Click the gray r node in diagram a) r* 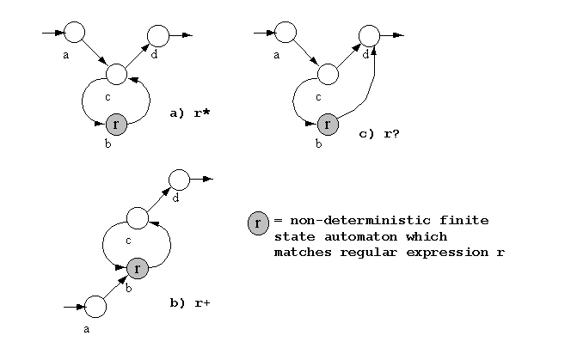(x=116, y=125)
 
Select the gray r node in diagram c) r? (x=328, y=125)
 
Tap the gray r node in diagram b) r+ (x=138, y=268)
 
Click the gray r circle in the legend (x=258, y=223)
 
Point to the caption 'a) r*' (x=190, y=113)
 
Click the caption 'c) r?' (x=379, y=133)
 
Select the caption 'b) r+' (x=190, y=302)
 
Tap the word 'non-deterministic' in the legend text (x=360, y=220)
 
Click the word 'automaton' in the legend (x=360, y=236)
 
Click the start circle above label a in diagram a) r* (x=74, y=33)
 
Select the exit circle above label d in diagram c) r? (x=369, y=36)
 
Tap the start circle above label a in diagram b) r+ (x=95, y=307)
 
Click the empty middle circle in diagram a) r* (x=117, y=74)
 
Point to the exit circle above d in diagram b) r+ (x=179, y=180)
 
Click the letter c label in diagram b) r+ (x=128, y=241)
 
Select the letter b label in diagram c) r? (x=319, y=143)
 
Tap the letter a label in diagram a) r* (x=65, y=55)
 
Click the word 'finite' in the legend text (x=464, y=220)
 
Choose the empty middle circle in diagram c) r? (x=328, y=74)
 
